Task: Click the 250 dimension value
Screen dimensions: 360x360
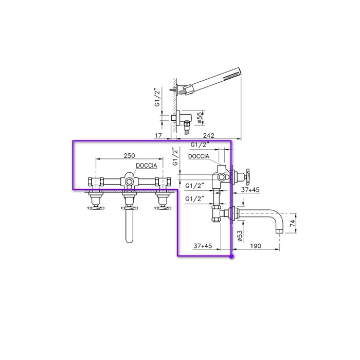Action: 129,155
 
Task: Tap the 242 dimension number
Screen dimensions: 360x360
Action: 208,135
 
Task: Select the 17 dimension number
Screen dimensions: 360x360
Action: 158,135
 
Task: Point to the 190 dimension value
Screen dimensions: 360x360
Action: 256,246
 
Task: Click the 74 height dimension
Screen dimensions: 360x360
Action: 293,223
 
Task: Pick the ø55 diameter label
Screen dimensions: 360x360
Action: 200,117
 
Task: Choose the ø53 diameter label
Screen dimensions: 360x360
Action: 240,236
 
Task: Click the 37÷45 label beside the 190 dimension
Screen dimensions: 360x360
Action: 203,246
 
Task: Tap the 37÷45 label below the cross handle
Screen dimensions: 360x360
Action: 250,190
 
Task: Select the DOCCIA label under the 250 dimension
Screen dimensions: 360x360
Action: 147,165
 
